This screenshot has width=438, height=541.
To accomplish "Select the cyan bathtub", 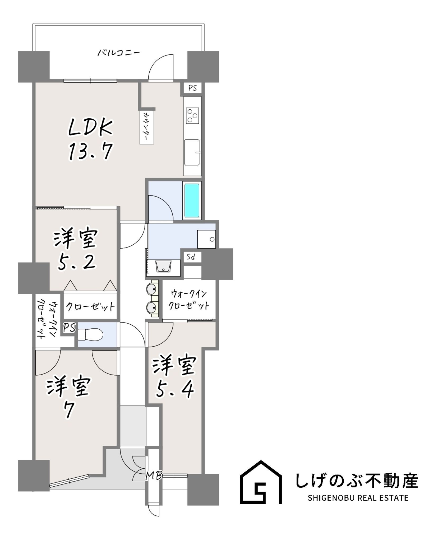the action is [x=192, y=200].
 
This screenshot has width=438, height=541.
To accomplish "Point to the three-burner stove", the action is [x=192, y=116].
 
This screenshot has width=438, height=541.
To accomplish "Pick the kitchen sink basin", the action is [x=192, y=152].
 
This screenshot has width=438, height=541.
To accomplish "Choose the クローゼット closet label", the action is [x=90, y=307].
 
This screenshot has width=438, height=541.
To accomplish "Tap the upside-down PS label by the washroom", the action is [x=191, y=257].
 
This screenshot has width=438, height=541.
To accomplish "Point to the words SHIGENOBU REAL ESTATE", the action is [x=358, y=498].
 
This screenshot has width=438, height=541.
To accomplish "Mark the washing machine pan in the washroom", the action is [x=206, y=239].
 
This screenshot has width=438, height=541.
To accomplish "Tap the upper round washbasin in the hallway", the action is [x=152, y=289].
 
